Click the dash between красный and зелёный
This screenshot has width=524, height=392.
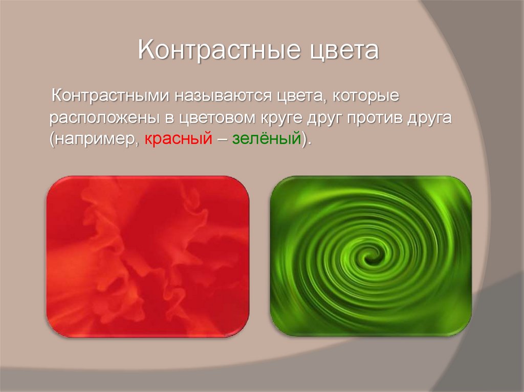pos(222,140)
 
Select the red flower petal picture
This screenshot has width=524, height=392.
pos(147,256)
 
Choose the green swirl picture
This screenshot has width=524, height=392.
pos(370,256)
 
